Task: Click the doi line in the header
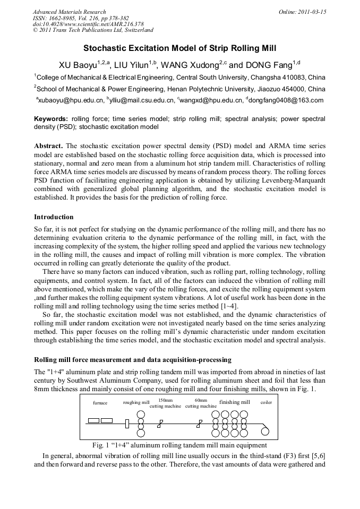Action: click(88, 24)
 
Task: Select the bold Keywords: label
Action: click(51, 119)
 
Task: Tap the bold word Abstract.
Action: click(49, 145)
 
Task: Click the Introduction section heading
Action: click(54, 217)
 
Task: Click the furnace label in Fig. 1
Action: click(100, 403)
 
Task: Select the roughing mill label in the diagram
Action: click(136, 403)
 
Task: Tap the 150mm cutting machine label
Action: click(166, 403)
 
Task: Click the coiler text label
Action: click(266, 403)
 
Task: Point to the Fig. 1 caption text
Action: click(179, 445)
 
